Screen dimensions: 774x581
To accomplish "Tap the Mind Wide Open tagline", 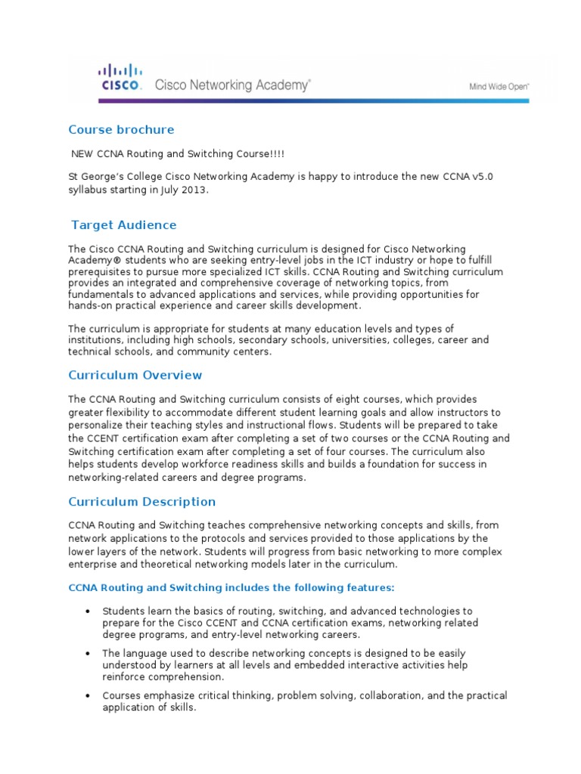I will click(499, 87).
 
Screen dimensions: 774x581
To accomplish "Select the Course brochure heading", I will click(121, 129).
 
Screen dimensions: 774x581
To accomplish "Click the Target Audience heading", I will click(123, 224).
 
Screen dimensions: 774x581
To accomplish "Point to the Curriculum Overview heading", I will click(135, 375).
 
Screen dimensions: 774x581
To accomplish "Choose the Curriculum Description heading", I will click(142, 501).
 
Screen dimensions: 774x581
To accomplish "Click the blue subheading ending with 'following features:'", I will click(231, 587).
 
